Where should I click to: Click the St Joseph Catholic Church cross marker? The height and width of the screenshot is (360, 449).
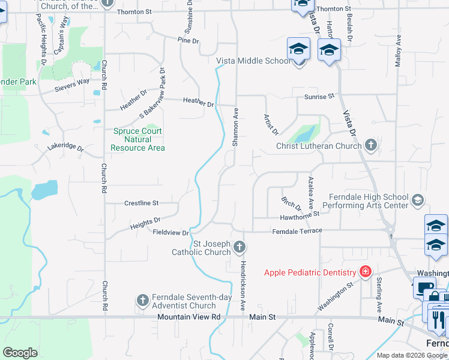click(x=240, y=247)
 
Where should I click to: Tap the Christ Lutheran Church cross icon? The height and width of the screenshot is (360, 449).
click(x=371, y=145)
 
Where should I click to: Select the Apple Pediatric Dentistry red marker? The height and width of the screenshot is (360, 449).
click(x=364, y=272)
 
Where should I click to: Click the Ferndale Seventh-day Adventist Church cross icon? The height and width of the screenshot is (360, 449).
click(x=143, y=300)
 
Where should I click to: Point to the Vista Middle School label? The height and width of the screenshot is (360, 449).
click(x=253, y=61)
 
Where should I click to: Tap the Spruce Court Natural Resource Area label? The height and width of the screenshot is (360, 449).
click(x=138, y=139)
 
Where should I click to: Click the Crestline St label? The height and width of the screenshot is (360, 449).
click(x=141, y=203)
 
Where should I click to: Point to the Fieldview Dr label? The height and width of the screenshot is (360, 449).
click(x=171, y=232)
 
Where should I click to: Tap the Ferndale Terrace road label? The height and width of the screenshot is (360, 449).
click(x=297, y=231)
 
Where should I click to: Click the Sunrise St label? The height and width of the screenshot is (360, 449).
click(x=319, y=97)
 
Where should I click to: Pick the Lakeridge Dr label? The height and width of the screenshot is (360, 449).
click(x=65, y=146)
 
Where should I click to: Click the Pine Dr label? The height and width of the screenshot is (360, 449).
click(x=188, y=40)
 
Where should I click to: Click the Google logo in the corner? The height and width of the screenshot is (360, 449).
click(x=20, y=353)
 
